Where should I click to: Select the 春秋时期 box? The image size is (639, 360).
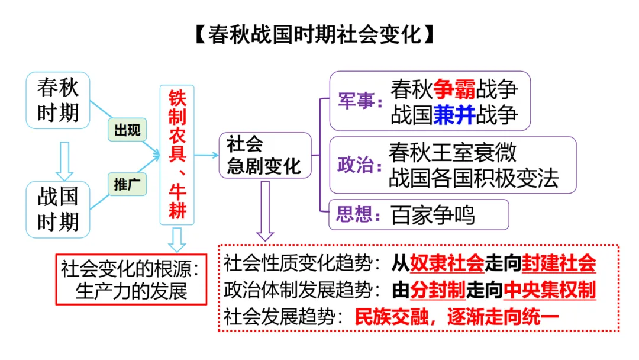[58, 100]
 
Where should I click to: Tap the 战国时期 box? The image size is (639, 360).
[58, 209]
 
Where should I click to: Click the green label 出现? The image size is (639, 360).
[127, 130]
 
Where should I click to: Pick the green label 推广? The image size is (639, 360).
[127, 184]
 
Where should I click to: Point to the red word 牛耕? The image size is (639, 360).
[177, 201]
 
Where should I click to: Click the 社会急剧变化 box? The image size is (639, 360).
[264, 155]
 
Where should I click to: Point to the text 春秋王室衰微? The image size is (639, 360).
[453, 153]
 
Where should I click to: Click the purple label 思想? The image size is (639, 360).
[356, 214]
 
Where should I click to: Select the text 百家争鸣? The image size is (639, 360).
[433, 216]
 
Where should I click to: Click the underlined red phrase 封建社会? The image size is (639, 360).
[559, 263]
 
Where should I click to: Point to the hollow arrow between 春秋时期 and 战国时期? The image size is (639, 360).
[66, 160]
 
